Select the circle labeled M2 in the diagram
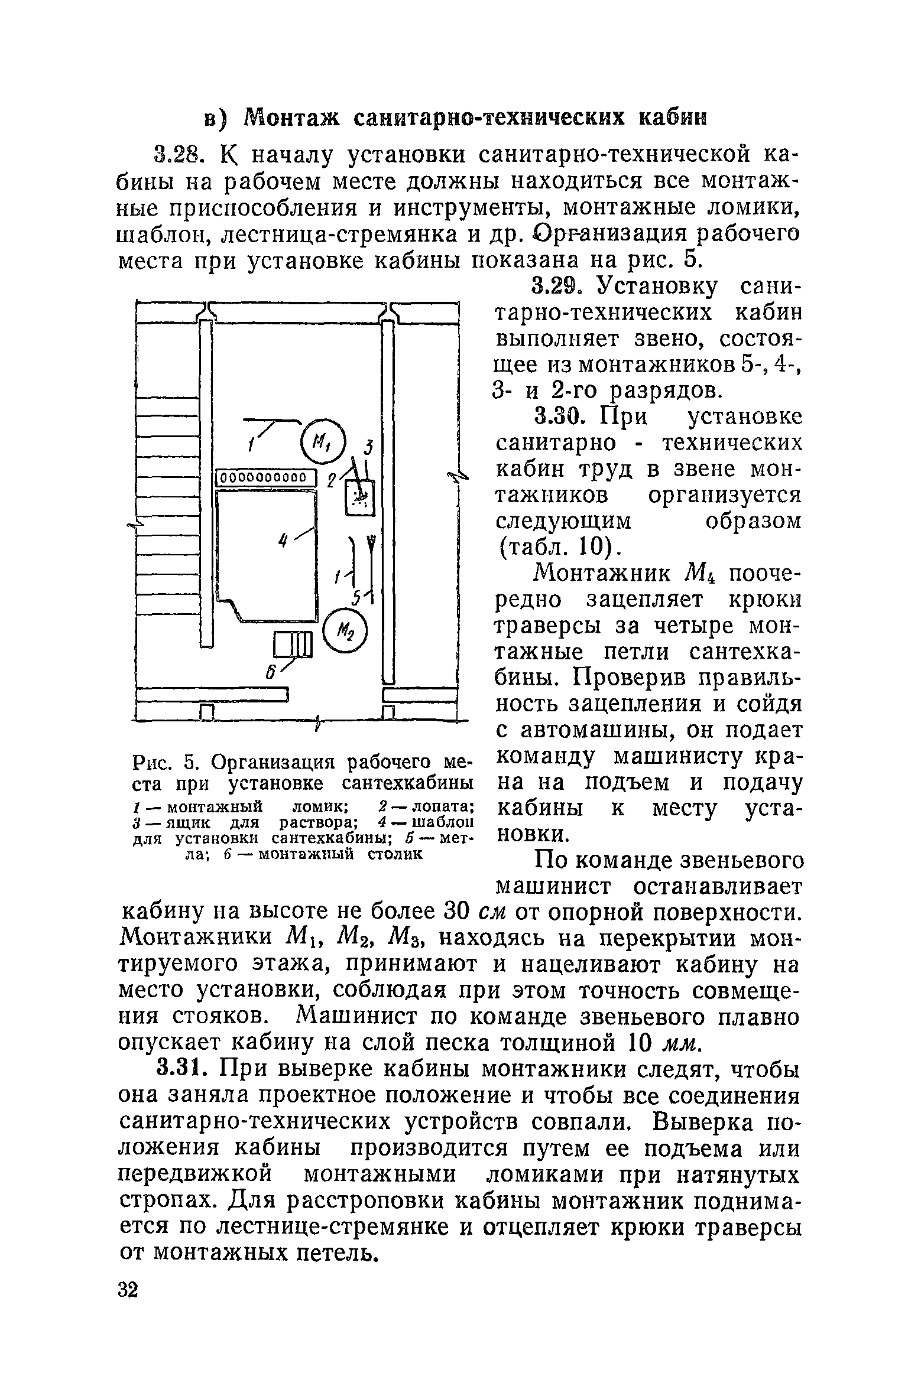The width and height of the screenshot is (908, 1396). pos(346,630)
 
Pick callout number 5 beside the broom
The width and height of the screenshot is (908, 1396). pos(356,599)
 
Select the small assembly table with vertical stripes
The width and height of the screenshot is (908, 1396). pos(293,645)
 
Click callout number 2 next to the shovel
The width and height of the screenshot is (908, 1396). pos(332,481)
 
